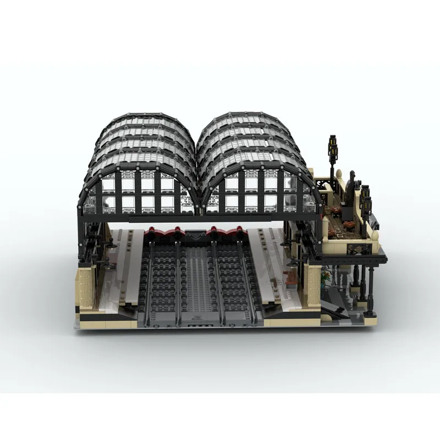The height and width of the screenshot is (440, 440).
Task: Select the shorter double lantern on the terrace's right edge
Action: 364,198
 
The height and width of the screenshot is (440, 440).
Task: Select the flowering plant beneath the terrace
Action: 328,278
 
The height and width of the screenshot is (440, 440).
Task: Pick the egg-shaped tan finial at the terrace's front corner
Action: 376,237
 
